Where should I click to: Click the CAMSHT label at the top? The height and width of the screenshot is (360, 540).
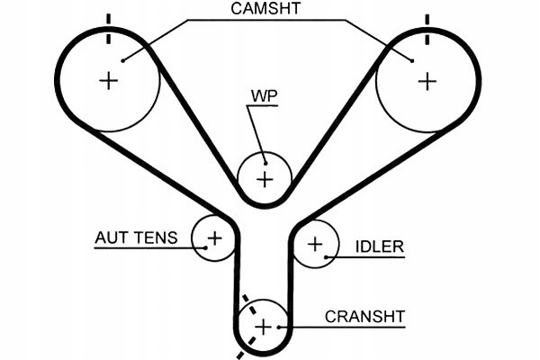click(x=265, y=8)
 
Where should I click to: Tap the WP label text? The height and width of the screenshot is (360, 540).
click(x=264, y=96)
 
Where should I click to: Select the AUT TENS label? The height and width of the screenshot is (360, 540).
click(x=137, y=238)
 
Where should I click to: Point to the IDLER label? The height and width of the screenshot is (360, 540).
click(x=379, y=247)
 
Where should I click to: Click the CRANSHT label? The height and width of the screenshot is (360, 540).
click(x=364, y=317)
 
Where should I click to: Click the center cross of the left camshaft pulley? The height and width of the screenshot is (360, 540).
click(x=109, y=81)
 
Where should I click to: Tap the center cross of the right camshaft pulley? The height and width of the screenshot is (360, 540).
click(x=427, y=81)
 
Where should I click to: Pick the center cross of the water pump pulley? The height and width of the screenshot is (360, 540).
click(x=265, y=179)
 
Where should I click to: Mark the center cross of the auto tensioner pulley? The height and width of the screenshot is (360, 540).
click(x=215, y=238)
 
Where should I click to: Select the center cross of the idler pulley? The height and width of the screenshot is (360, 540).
click(x=315, y=244)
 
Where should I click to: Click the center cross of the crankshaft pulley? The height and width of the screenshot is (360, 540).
click(x=263, y=327)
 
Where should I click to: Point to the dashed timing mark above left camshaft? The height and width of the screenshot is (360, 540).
click(x=109, y=29)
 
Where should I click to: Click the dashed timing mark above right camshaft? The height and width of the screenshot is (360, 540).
click(x=427, y=30)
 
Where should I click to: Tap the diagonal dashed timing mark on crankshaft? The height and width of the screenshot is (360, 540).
click(x=249, y=326)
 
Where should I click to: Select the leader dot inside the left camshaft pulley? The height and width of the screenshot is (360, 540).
click(x=122, y=61)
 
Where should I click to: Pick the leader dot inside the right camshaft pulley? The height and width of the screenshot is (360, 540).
click(x=412, y=61)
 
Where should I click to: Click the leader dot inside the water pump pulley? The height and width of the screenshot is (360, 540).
click(x=265, y=163)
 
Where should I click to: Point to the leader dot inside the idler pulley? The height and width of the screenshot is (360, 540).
click(x=326, y=257)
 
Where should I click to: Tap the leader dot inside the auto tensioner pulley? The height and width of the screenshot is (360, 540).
click(x=205, y=247)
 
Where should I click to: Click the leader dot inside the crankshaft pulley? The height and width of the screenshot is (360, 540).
click(x=279, y=327)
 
